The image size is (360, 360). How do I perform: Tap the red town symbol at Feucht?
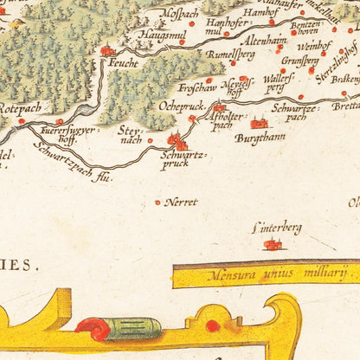coord(107,51)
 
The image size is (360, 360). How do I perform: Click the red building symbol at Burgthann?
coord(258,123)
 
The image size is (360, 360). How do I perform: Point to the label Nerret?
coord(182,202)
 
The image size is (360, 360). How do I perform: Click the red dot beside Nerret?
coord(157,202)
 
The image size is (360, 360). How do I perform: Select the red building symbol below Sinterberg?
coord(273,245)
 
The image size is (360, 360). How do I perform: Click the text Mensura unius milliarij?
coord(266,275)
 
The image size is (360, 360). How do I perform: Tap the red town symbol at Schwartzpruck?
coord(177,141)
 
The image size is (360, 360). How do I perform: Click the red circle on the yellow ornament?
coord(213,325)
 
